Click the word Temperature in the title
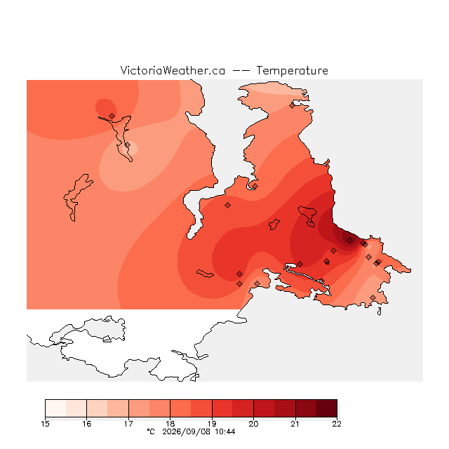pyautogui.click(x=292, y=70)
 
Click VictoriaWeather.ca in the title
pyautogui.click(x=173, y=70)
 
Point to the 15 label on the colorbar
pyautogui.click(x=45, y=424)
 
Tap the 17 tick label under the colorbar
pyautogui.click(x=128, y=424)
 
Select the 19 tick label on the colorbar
pyautogui.click(x=212, y=424)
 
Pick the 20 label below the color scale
pyautogui.click(x=253, y=424)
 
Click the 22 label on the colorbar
pyautogui.click(x=337, y=424)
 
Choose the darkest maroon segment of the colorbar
pyautogui.click(x=326, y=408)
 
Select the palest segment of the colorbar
pyautogui.click(x=55, y=408)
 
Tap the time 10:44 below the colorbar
pyautogui.click(x=225, y=432)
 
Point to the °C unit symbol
pyautogui.click(x=151, y=431)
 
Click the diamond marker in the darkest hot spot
pyautogui.click(x=349, y=240)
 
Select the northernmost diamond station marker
pyautogui.click(x=292, y=106)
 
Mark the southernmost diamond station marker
pyautogui.click(x=373, y=297)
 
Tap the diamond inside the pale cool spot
pyautogui.click(x=128, y=145)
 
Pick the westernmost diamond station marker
pyautogui.click(x=112, y=116)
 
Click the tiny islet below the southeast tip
pyautogui.click(x=380, y=311)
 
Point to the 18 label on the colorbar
pyautogui.click(x=170, y=424)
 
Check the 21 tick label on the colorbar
pyautogui.click(x=295, y=424)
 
